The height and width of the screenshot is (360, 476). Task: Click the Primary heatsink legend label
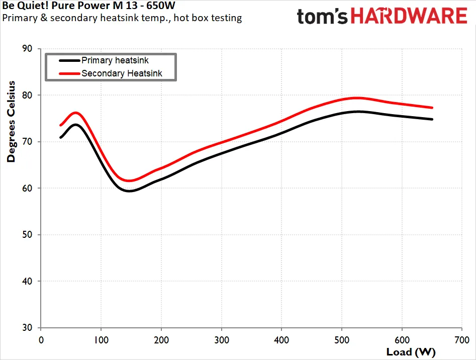click(x=115, y=60)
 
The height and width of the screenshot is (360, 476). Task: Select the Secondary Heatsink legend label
click(x=122, y=73)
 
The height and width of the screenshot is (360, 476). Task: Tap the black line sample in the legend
click(x=69, y=60)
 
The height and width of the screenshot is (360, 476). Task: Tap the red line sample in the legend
click(x=69, y=73)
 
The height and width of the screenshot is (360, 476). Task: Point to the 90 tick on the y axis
click(x=27, y=49)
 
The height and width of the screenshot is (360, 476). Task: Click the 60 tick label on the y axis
click(x=27, y=188)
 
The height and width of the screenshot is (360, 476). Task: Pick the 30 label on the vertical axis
click(x=27, y=327)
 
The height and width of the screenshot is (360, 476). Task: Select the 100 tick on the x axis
click(x=101, y=340)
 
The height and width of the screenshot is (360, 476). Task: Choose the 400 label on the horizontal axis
click(x=281, y=340)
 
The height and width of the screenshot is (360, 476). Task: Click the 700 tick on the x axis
click(x=462, y=340)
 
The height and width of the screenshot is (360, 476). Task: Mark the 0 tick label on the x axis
click(x=41, y=340)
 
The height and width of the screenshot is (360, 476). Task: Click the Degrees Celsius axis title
click(x=11, y=121)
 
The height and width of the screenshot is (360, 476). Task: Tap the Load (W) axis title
click(x=411, y=352)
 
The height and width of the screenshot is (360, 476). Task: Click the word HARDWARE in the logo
click(x=409, y=16)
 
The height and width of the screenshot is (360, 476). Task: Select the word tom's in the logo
click(x=322, y=17)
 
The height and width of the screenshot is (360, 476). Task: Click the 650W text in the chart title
click(x=161, y=6)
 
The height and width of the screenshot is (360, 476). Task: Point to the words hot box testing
click(x=208, y=18)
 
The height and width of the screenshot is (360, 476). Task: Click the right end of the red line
click(x=432, y=108)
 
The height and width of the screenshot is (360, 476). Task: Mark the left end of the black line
click(x=61, y=137)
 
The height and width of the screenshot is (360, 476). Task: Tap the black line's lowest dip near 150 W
click(x=129, y=191)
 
